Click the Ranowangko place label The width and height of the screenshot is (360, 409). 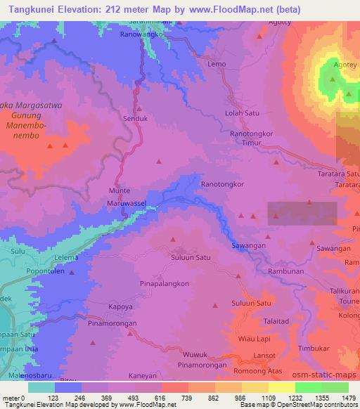click(141, 34)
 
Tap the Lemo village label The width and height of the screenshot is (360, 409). click(217, 64)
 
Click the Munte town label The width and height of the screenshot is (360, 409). click(120, 190)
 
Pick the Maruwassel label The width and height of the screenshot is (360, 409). click(127, 204)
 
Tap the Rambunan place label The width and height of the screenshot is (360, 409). click(285, 271)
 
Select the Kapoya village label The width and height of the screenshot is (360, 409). click(120, 307)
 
